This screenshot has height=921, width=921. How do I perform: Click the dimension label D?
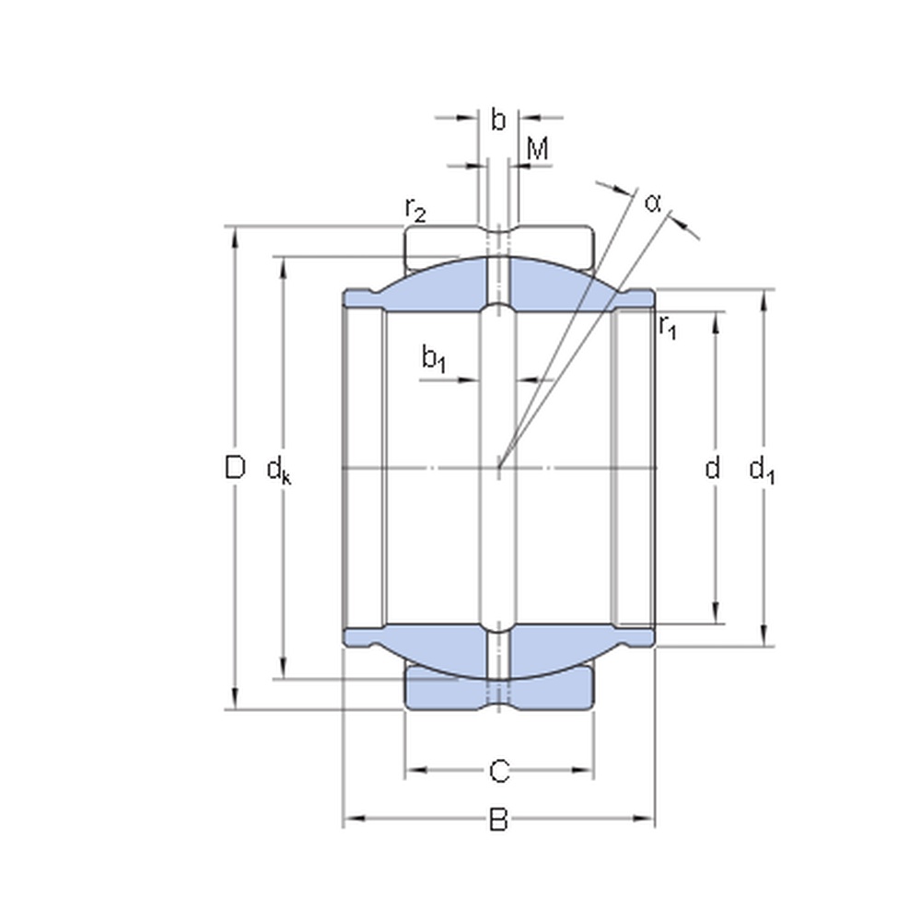point(235,468)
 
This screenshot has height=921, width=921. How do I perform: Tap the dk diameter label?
point(278,471)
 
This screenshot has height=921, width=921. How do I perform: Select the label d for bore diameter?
point(712,469)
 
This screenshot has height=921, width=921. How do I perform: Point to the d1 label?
point(762,471)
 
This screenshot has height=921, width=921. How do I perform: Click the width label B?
point(498,819)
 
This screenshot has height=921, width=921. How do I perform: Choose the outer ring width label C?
point(498,770)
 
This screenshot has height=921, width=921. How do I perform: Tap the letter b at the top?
point(498,119)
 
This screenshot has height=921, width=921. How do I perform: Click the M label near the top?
point(538,149)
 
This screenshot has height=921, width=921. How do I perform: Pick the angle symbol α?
point(653,202)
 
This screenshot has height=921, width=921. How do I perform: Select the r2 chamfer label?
point(415,211)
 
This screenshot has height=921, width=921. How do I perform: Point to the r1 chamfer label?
point(668,326)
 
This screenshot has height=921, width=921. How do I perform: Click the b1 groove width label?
point(434,358)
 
